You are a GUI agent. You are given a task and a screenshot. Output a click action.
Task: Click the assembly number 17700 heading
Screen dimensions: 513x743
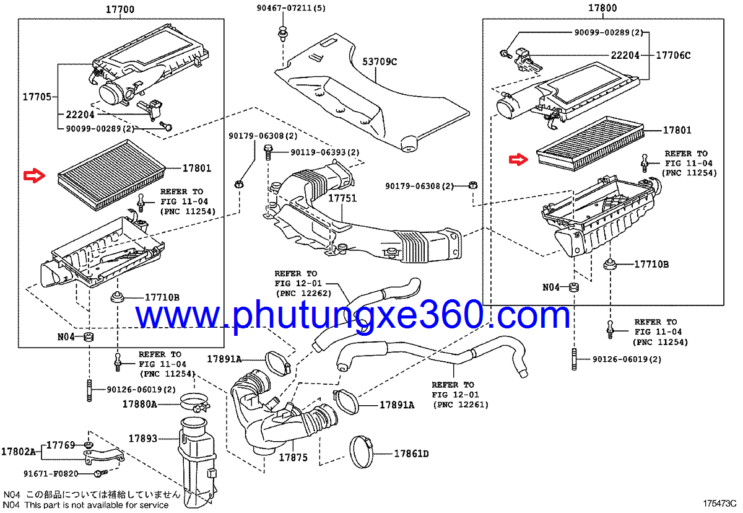[120, 9]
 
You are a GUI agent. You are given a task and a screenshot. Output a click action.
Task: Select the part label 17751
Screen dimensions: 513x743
[342, 199]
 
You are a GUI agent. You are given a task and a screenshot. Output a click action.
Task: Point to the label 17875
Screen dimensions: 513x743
[292, 457]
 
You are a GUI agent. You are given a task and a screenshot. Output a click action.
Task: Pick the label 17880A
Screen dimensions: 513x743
[139, 404]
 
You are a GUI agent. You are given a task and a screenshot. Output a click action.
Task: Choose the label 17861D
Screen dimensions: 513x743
[412, 454]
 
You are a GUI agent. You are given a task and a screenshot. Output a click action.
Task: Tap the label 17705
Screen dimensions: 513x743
[37, 97]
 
